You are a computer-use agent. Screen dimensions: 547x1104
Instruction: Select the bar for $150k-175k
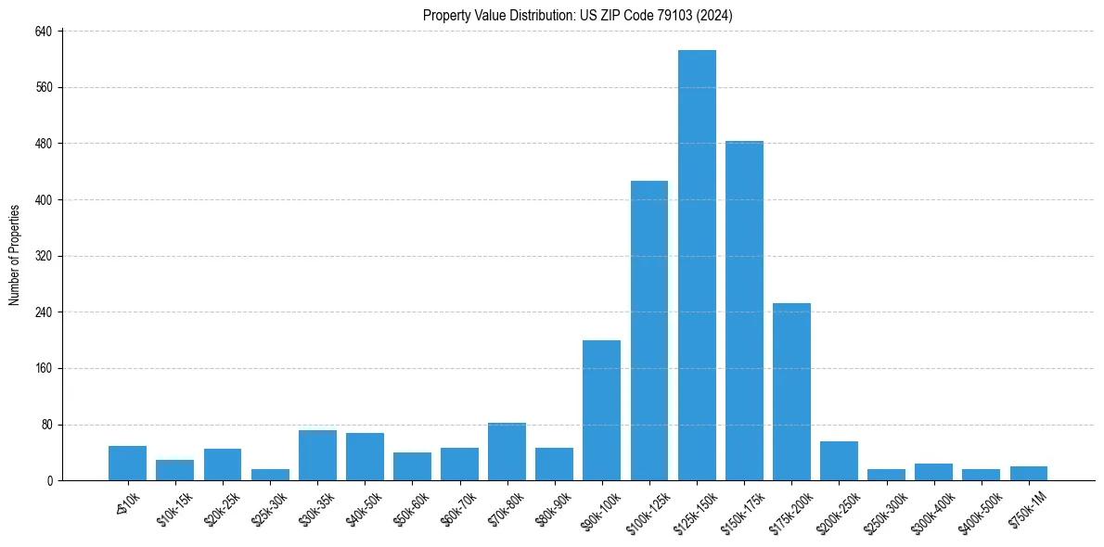pos(744,311)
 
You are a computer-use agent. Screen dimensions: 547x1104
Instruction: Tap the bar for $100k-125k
pos(649,330)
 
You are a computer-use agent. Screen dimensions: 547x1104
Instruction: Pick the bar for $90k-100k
pos(602,410)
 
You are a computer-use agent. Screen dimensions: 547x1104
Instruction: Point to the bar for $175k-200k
pos(791,391)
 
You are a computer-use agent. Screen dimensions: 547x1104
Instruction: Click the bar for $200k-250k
pos(839,461)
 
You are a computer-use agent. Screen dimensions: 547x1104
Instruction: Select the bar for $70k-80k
pos(507,452)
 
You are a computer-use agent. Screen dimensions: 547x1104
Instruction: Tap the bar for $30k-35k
pos(317,455)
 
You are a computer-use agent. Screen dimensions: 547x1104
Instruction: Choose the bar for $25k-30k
pos(270,475)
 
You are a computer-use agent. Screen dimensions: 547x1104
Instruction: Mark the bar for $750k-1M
pos(1029,473)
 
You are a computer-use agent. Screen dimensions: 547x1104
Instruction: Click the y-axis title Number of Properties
pos(15,255)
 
